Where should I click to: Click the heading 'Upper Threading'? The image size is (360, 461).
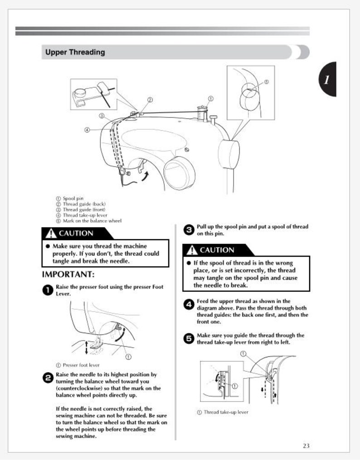75,52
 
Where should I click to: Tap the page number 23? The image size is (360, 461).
306,446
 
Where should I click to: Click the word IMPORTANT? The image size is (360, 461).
68,275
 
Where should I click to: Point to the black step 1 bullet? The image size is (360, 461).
47,291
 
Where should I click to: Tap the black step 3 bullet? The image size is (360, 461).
188,230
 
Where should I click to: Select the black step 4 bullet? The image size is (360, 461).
188,305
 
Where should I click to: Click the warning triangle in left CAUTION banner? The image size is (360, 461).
50,234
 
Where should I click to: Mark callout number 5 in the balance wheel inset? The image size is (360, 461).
266,82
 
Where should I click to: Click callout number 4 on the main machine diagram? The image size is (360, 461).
87,130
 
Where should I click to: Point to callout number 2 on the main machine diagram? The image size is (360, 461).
150,100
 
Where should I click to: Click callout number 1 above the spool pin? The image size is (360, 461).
210,98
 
